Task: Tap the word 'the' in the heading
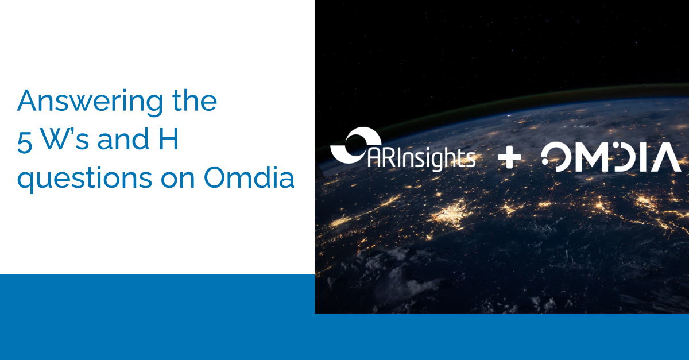(195, 100)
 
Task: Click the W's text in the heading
(65, 138)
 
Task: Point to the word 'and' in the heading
(123, 138)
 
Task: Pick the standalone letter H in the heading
(169, 139)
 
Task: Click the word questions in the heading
(84, 179)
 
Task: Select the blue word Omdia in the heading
(249, 177)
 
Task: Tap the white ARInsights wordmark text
(421, 159)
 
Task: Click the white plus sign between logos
(509, 157)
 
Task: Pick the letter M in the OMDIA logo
(592, 157)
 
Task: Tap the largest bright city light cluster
(451, 214)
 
